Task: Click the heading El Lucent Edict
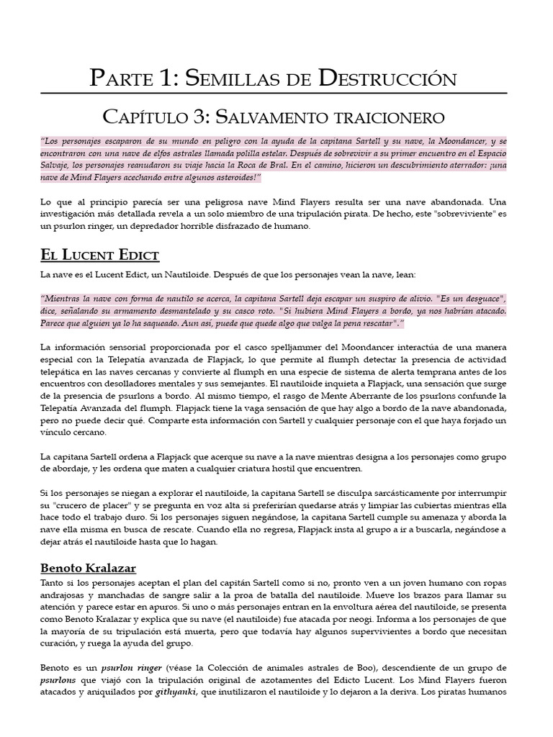click(100, 256)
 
